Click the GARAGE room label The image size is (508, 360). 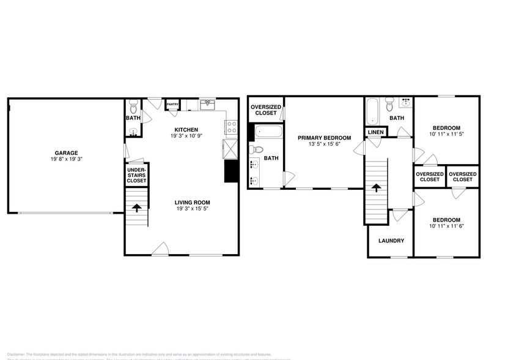(x=67, y=153)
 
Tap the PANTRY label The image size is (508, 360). (x=172, y=105)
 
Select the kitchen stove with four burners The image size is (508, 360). (x=232, y=127)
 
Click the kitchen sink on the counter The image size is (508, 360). (x=208, y=105)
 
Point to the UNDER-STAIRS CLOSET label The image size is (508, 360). (x=136, y=174)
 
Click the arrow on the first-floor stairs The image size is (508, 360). (x=136, y=208)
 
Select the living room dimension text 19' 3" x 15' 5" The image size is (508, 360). (x=193, y=209)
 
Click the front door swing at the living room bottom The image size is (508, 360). (x=160, y=248)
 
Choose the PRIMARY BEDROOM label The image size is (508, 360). (x=324, y=138)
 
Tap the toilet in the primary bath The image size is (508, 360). (x=258, y=149)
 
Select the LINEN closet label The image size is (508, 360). (x=375, y=132)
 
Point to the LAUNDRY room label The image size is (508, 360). (x=391, y=241)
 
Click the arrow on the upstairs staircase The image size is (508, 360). (x=377, y=188)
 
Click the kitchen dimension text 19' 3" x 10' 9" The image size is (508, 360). (x=186, y=137)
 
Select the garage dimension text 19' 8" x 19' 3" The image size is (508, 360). (x=67, y=160)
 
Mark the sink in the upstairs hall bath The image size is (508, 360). (x=405, y=102)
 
